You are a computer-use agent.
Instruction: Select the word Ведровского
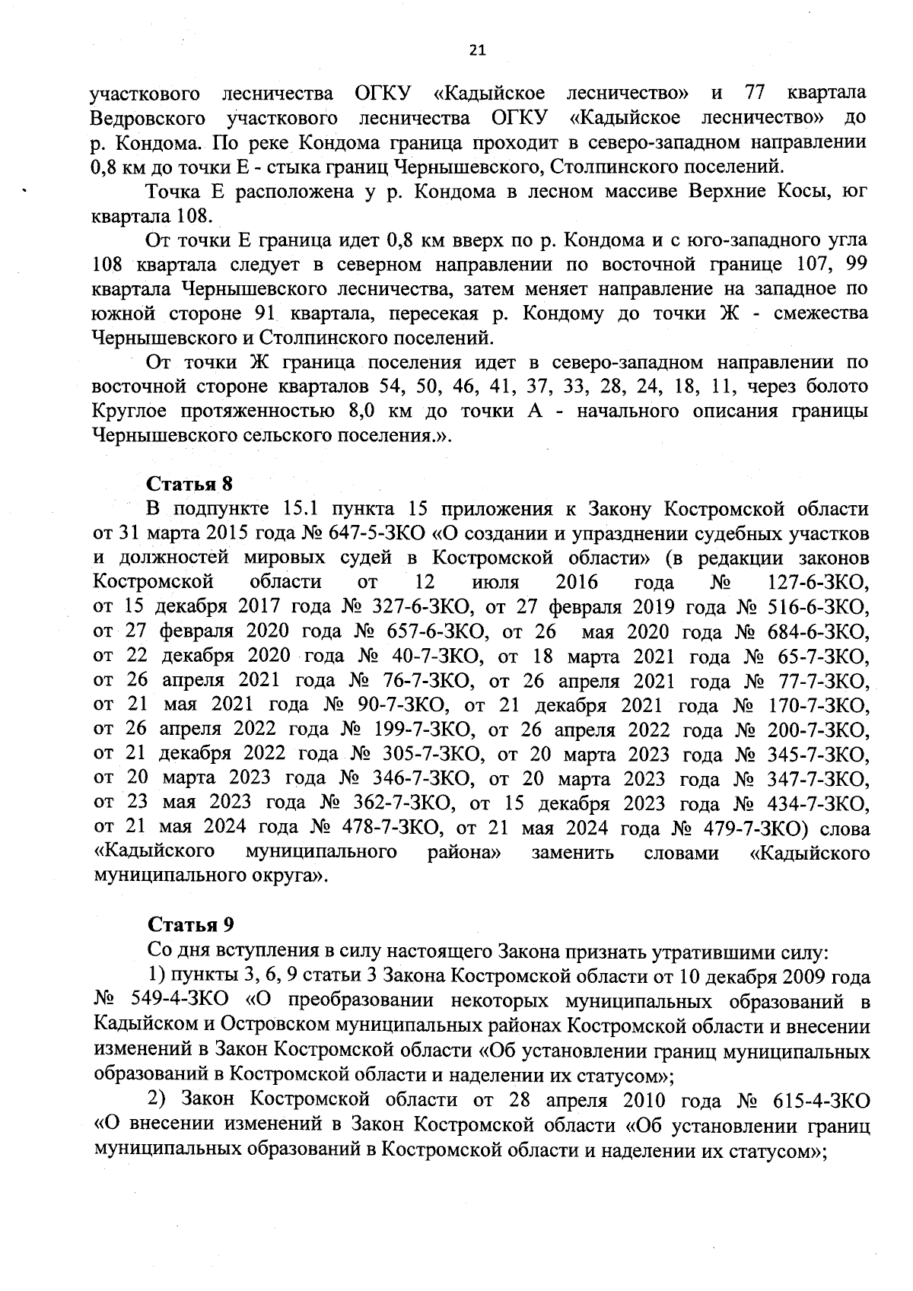coord(148,119)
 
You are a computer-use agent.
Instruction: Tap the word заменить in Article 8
coord(572,852)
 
